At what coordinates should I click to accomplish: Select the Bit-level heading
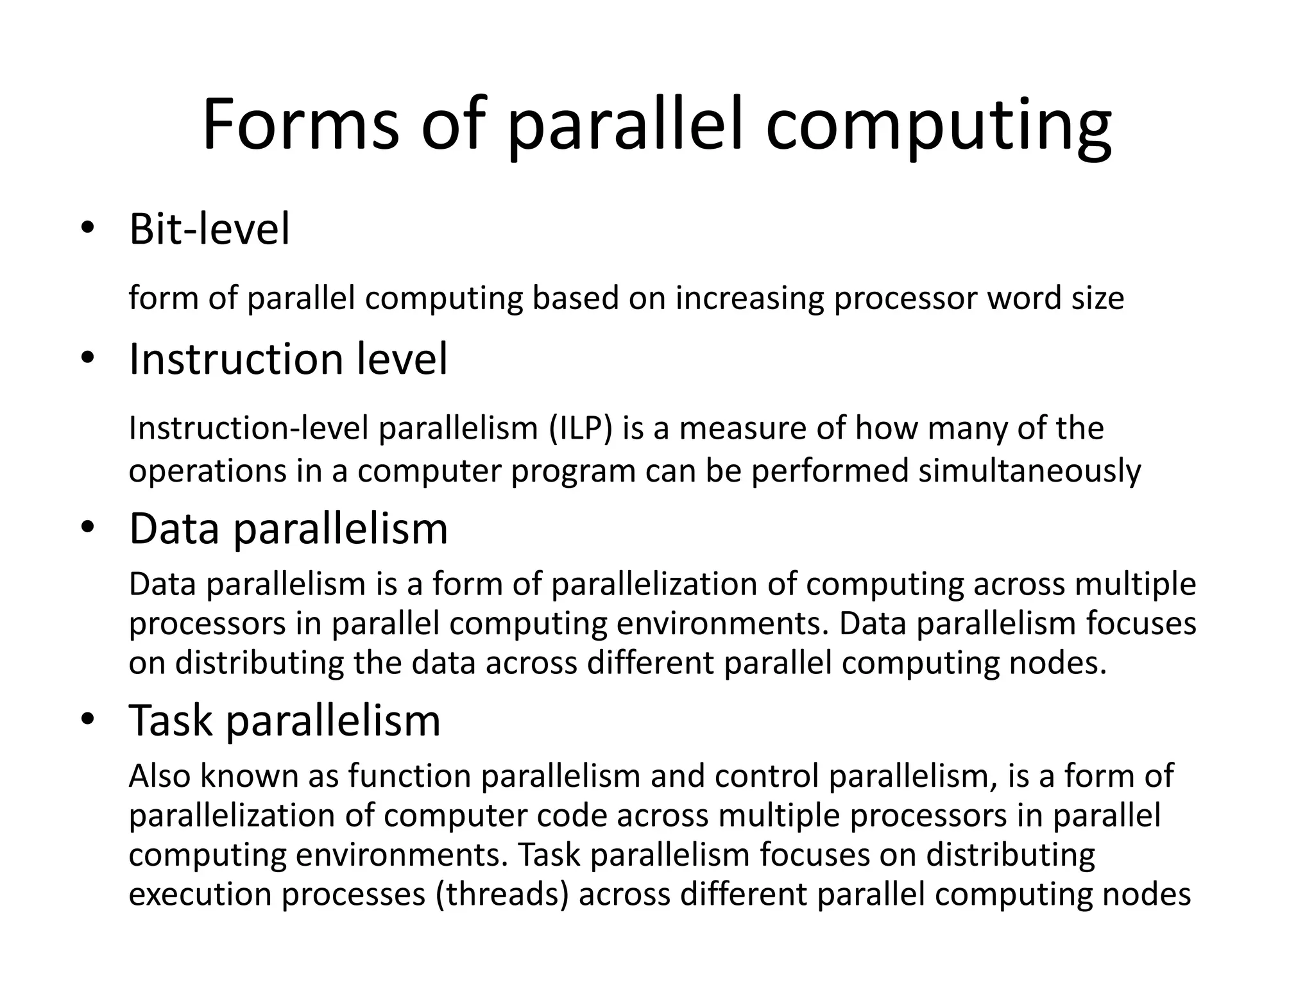[x=209, y=228]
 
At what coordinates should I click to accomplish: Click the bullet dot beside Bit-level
[x=87, y=228]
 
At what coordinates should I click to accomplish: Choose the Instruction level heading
[x=288, y=358]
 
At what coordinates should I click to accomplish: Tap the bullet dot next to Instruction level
[x=87, y=358]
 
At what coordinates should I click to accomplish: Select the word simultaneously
[x=1030, y=471]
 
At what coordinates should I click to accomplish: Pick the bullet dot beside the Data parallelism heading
[x=87, y=528]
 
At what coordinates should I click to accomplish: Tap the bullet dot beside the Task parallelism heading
[x=87, y=720]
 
